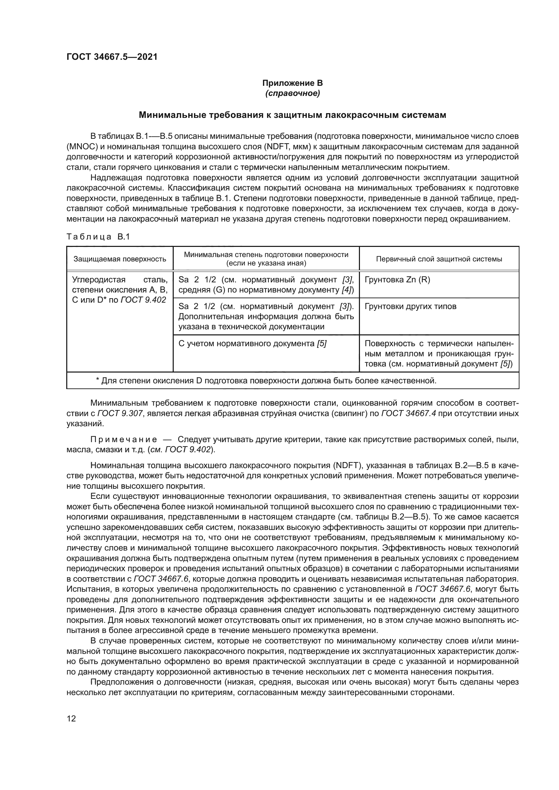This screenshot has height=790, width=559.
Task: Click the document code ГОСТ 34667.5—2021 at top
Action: pyautogui.click(x=112, y=57)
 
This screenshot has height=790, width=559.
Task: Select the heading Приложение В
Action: pyautogui.click(x=292, y=83)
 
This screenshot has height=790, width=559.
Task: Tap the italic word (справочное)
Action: pyautogui.click(x=292, y=93)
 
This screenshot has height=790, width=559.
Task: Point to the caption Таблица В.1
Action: pyautogui.click(x=98, y=237)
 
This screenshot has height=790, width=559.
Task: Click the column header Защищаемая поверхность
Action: pyautogui.click(x=120, y=259)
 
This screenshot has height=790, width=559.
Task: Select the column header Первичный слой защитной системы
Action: pyautogui.click(x=439, y=259)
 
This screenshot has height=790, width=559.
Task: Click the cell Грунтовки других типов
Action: pyautogui.click(x=410, y=306)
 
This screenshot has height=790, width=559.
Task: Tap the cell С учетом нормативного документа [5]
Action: pyautogui.click(x=252, y=343)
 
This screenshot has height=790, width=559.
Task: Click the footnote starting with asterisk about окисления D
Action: pyautogui.click(x=266, y=381)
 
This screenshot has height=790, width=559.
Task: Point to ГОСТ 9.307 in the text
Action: pyautogui.click(x=120, y=413)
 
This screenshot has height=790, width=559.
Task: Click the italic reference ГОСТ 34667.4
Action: pyautogui.click(x=409, y=413)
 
